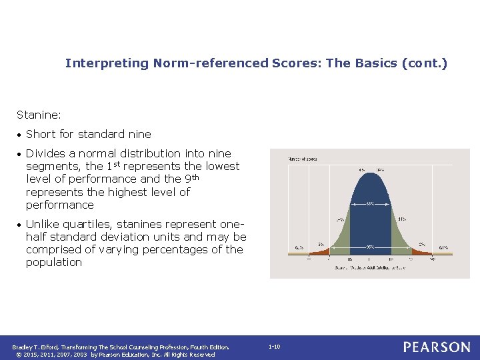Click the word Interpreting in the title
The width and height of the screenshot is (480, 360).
point(107,63)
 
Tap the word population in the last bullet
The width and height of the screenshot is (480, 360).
point(54,263)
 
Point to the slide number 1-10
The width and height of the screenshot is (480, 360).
point(274,347)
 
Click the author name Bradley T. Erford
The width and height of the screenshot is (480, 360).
point(35,347)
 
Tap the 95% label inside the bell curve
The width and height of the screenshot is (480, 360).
point(369,246)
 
